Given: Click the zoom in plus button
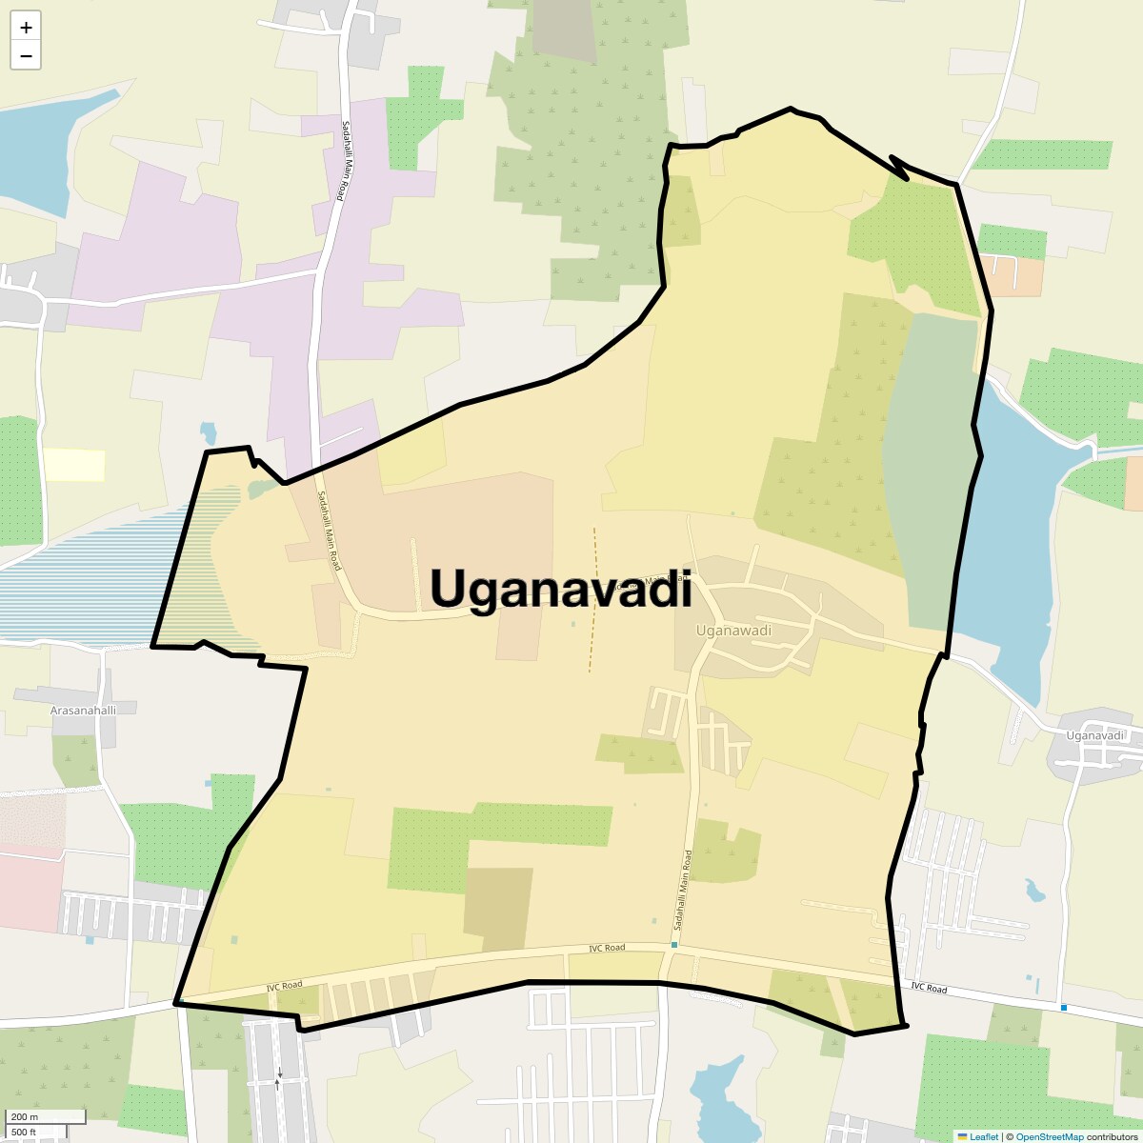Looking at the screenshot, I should [x=26, y=28].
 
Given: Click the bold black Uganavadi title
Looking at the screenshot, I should [x=561, y=588].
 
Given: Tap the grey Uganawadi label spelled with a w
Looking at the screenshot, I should [x=733, y=631].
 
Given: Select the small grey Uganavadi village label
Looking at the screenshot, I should [x=1095, y=735].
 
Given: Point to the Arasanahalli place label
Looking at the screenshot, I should [x=83, y=711].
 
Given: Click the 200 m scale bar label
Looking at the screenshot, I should [x=26, y=1116].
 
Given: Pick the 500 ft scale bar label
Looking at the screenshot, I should [x=26, y=1132].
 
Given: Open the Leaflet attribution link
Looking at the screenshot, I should [x=983, y=1136].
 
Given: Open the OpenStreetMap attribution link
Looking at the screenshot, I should [x=1049, y=1136].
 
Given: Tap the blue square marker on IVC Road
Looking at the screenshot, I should [x=1064, y=1008].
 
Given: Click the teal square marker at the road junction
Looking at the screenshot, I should [x=674, y=945].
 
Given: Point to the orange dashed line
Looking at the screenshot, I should [x=592, y=600].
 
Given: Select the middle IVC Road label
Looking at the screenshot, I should [x=607, y=948].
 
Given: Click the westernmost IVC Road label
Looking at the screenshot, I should [x=284, y=985].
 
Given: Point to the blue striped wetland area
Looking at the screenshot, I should [x=86, y=581].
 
